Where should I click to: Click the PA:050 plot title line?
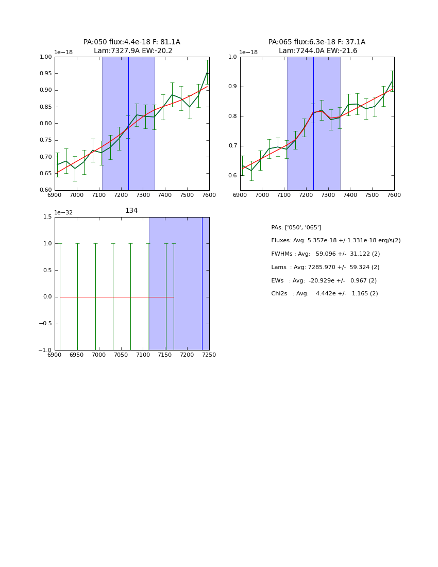pyautogui.click(x=131, y=42)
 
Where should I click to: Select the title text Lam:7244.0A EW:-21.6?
pyautogui.click(x=317, y=51)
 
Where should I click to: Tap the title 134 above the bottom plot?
pyautogui.click(x=131, y=211)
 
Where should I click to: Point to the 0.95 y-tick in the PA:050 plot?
pyautogui.click(x=46, y=74)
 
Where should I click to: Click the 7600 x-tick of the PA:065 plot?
pyautogui.click(x=394, y=195)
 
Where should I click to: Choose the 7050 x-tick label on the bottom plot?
pyautogui.click(x=121, y=355)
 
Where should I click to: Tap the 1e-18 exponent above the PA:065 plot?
pyautogui.click(x=248, y=52)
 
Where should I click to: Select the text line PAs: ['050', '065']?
pyautogui.click(x=296, y=228)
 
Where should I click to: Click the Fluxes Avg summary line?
pyautogui.click(x=335, y=241)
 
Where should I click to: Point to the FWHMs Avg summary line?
pyautogui.click(x=325, y=254)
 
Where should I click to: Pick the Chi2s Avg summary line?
pyautogui.click(x=324, y=294)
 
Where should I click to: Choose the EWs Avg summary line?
pyautogui.click(x=324, y=281)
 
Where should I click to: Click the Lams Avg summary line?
pyautogui.click(x=325, y=268)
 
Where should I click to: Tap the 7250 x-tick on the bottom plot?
pyautogui.click(x=209, y=355)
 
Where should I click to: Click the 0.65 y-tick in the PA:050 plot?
pyautogui.click(x=46, y=174)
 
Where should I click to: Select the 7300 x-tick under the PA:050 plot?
pyautogui.click(x=143, y=195)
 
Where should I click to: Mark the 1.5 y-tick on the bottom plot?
pyautogui.click(x=47, y=217)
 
